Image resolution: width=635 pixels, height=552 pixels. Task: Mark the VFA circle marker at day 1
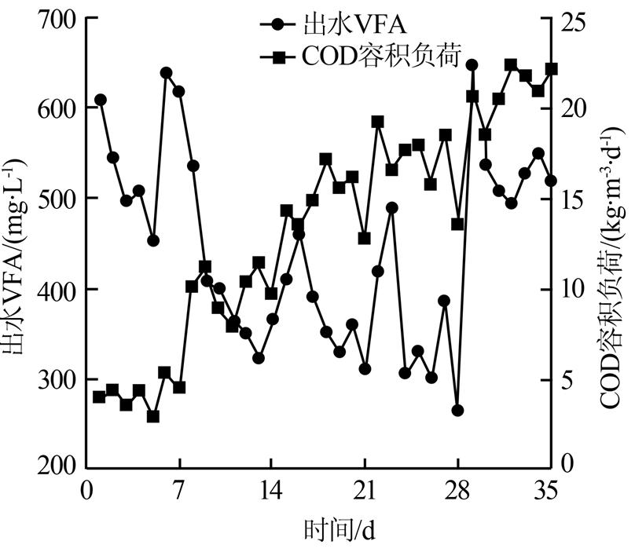(101, 100)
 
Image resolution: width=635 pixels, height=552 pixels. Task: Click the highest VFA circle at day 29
(472, 64)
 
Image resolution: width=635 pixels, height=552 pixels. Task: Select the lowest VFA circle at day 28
(458, 411)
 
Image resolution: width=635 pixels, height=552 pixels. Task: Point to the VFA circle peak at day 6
(166, 73)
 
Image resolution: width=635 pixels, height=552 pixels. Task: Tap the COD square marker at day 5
(153, 416)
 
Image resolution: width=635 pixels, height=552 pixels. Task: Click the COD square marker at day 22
(377, 122)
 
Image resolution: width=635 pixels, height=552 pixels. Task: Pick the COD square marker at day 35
(552, 69)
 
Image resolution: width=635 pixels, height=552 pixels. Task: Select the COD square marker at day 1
(99, 397)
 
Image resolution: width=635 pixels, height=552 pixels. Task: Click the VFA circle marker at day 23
(391, 207)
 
